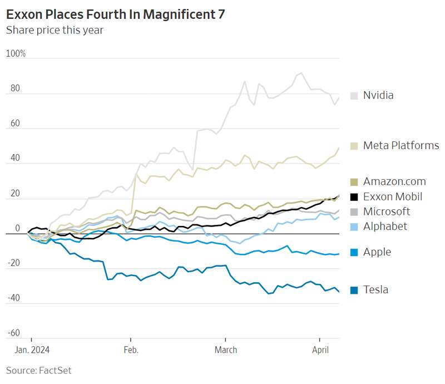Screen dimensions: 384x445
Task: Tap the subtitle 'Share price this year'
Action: (x=55, y=30)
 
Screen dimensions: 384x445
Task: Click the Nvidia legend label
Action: (x=378, y=95)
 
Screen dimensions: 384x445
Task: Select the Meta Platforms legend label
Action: (x=401, y=145)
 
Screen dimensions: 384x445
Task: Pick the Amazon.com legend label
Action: (x=394, y=181)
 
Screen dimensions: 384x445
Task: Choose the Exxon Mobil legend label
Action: (x=393, y=196)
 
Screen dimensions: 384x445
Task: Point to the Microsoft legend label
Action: (x=387, y=211)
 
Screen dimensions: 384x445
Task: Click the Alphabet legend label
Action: (x=385, y=226)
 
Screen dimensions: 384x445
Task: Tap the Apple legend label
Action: (x=377, y=252)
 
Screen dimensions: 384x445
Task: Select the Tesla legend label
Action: (x=375, y=289)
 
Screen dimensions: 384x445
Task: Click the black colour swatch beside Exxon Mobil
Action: (x=354, y=196)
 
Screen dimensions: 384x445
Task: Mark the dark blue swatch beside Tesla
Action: (x=354, y=289)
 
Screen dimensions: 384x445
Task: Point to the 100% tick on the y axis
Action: (x=16, y=53)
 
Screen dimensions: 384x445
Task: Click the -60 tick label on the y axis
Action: (x=13, y=333)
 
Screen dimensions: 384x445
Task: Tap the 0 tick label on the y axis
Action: (x=18, y=228)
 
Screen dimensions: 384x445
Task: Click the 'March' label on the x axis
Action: (x=225, y=350)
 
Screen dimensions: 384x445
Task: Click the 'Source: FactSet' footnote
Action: (x=39, y=370)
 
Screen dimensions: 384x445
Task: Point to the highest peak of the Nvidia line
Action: (x=301, y=73)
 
